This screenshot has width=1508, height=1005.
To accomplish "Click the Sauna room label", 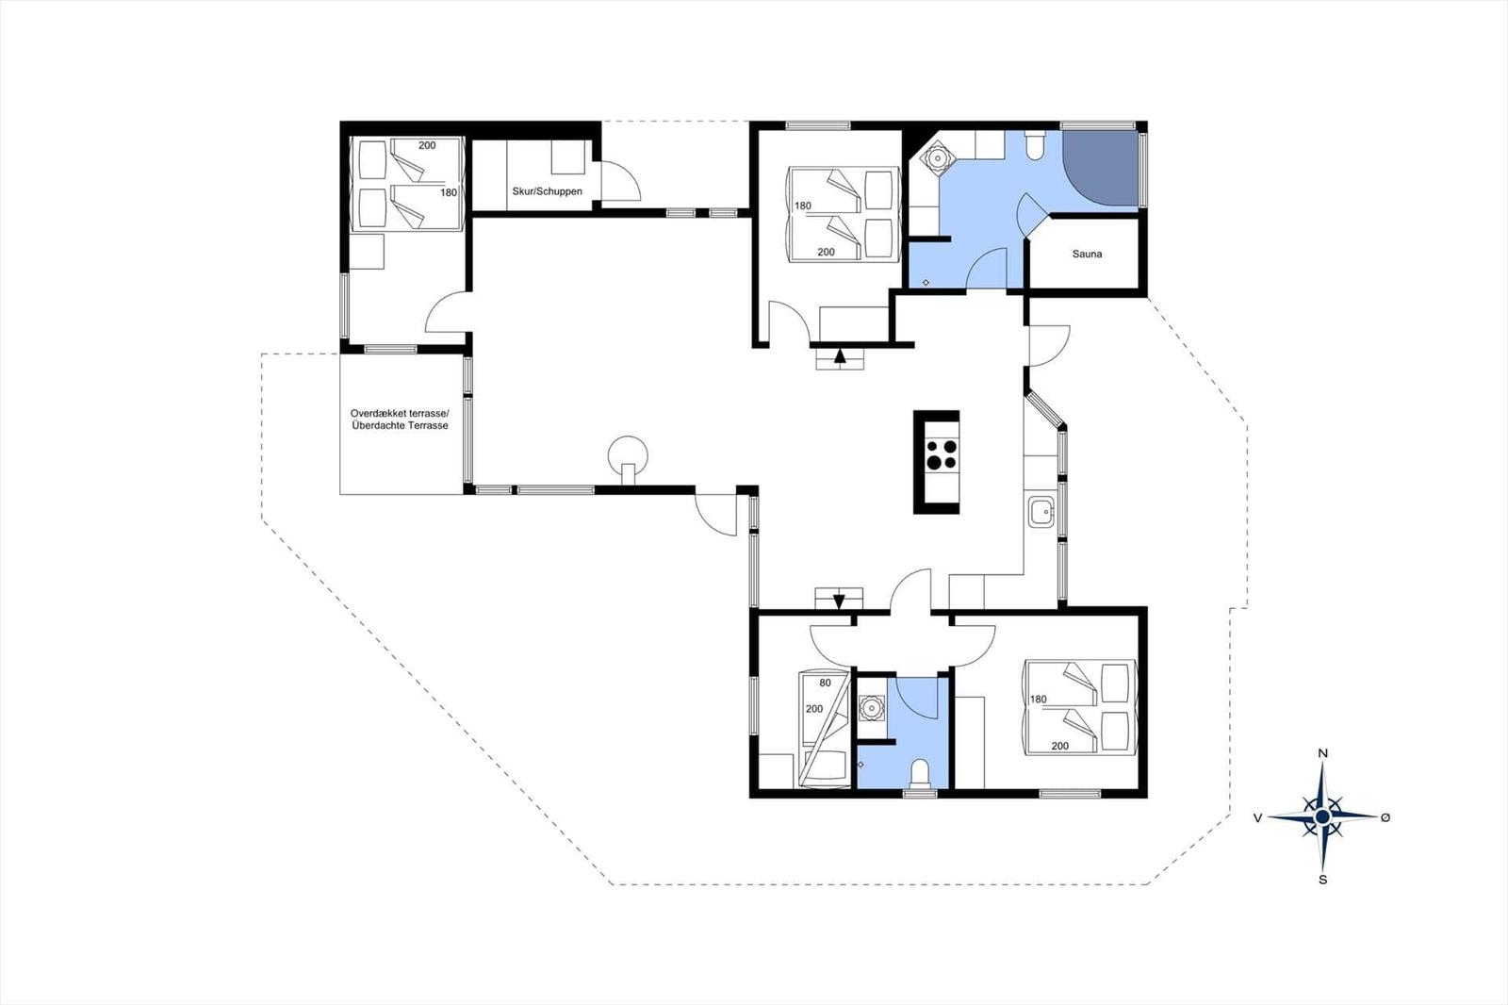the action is point(1088,254).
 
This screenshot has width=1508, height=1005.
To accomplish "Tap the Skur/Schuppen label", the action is point(547,191).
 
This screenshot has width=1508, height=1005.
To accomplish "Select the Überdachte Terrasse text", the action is point(400,426).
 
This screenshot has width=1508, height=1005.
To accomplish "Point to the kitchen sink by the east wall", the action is point(1041,513).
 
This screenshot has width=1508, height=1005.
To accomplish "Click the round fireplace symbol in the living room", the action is point(629,457).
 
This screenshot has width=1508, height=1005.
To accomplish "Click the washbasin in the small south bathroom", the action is point(871,709).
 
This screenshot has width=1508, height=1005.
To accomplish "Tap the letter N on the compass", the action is point(1322,753).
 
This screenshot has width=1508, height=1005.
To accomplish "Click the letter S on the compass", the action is point(1323,880).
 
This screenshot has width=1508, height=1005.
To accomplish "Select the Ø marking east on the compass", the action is point(1385,817).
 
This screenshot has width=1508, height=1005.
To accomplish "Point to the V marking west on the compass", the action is point(1257,817).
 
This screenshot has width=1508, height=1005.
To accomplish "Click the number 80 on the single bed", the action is point(826,683).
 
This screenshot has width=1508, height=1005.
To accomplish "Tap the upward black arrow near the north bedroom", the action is point(840,355).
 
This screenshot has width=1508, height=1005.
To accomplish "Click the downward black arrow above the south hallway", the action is point(839,601).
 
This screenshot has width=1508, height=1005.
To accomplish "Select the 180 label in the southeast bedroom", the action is point(1038,700).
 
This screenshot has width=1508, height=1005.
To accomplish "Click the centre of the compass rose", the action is point(1322,817).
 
